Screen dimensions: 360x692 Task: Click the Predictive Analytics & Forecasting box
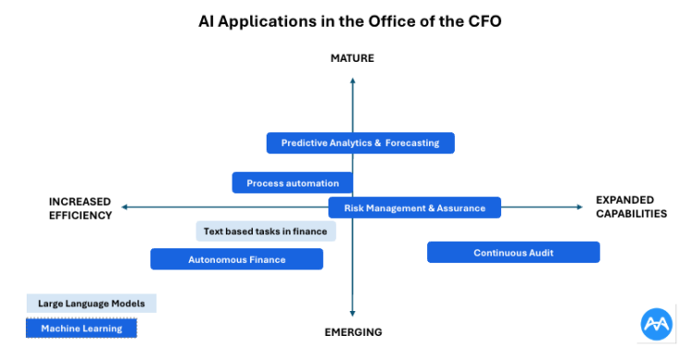(x=360, y=143)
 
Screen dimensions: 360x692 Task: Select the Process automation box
(x=292, y=183)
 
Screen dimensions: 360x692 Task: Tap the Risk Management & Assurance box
(x=414, y=208)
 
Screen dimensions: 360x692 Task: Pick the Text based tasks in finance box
(x=266, y=231)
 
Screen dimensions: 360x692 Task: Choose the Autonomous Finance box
(x=237, y=259)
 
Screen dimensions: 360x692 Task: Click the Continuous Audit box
(x=513, y=252)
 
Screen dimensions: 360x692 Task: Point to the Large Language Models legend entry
(x=91, y=303)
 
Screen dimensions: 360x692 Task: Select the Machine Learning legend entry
(x=81, y=328)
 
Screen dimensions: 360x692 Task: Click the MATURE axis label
(x=352, y=59)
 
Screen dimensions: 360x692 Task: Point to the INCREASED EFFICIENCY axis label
(x=80, y=208)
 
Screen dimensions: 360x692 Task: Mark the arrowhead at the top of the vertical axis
(x=352, y=81)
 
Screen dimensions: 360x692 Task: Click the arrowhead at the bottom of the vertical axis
(x=352, y=314)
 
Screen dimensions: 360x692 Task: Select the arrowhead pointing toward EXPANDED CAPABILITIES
(x=579, y=208)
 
